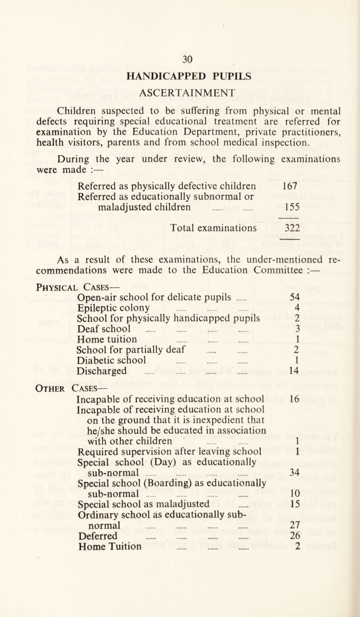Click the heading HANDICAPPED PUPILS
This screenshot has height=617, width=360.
pyautogui.click(x=180, y=77)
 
